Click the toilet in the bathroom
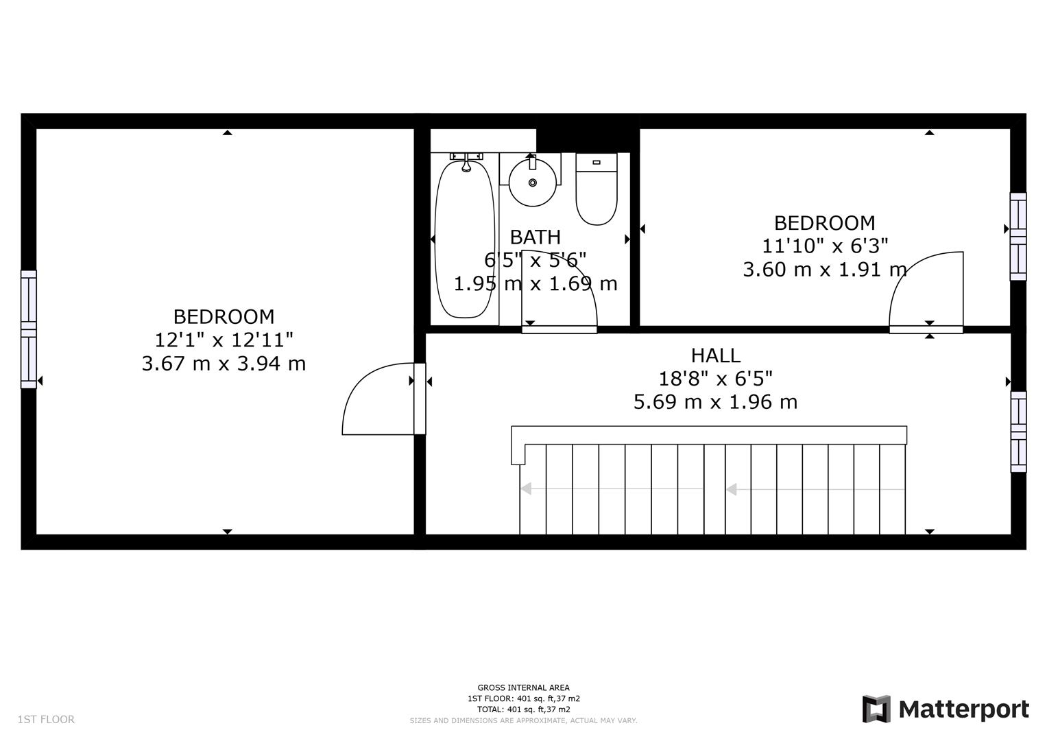(597, 189)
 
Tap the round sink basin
(532, 183)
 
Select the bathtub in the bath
(465, 239)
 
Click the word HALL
(716, 355)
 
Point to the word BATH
(535, 237)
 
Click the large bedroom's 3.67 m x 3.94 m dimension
(224, 364)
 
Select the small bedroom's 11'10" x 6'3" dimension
(825, 246)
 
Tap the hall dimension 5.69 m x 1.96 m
(716, 402)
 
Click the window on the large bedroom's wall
(29, 329)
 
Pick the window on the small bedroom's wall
(1018, 237)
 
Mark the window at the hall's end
(1019, 432)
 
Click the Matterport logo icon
(876, 709)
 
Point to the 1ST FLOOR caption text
(46, 719)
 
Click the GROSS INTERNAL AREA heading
(524, 687)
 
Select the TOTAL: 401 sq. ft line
(524, 709)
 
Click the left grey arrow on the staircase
(612, 489)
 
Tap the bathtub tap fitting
(466, 162)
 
